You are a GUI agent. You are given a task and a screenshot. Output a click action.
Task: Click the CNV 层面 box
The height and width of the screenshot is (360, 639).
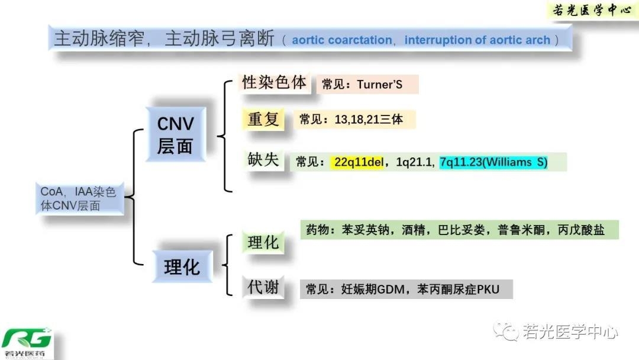click(x=175, y=134)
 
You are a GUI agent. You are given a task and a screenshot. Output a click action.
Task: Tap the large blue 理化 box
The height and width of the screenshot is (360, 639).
click(x=182, y=266)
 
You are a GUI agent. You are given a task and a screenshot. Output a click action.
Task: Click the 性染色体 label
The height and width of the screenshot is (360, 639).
click(x=275, y=82)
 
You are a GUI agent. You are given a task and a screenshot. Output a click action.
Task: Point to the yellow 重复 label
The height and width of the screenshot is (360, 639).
click(x=263, y=119)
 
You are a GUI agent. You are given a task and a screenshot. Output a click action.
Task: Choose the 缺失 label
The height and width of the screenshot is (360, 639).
click(x=263, y=159)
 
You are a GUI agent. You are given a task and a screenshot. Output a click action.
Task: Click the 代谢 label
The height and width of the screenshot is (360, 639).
click(x=263, y=288)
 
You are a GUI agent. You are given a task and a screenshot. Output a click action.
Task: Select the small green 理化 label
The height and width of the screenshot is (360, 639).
click(x=263, y=242)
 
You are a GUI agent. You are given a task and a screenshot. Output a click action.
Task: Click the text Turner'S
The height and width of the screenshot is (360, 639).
click(x=379, y=85)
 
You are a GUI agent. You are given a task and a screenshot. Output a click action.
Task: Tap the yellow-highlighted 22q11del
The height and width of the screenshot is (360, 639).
click(x=359, y=162)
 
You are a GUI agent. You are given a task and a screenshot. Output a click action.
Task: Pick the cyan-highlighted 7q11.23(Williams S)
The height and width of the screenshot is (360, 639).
click(x=493, y=162)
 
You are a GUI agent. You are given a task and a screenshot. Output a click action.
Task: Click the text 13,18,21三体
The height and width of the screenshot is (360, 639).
click(x=369, y=120)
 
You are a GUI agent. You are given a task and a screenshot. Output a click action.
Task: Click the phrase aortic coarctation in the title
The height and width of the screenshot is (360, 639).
click(x=342, y=40)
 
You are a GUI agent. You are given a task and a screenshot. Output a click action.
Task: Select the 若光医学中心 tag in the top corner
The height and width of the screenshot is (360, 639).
click(x=592, y=10)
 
